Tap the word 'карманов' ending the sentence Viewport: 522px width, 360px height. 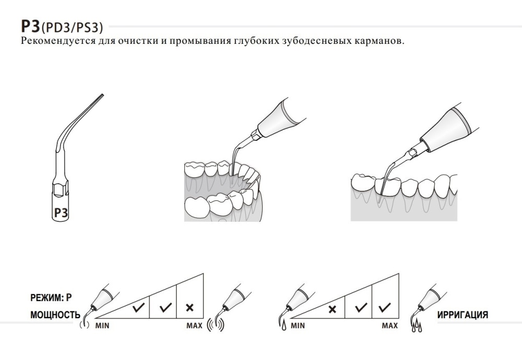[378, 41]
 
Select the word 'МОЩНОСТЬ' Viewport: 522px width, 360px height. [55, 315]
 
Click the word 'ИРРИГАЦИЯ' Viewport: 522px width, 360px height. [462, 315]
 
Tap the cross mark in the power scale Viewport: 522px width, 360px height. [190, 308]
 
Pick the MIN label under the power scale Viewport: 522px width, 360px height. [102, 326]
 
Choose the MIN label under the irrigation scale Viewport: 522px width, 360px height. [298, 326]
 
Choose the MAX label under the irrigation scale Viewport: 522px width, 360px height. [389, 326]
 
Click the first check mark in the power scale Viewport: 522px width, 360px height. [138, 308]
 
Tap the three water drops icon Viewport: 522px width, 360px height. [417, 328]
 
